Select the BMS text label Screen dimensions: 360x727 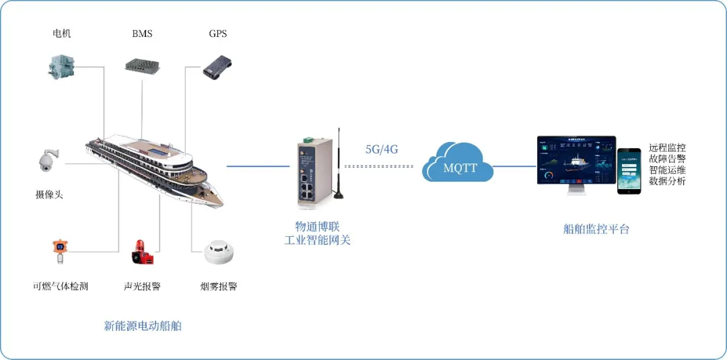[x=141, y=34]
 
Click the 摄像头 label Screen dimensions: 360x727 [x=54, y=195]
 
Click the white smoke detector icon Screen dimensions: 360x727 [x=218, y=254]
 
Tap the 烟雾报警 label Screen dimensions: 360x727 [x=219, y=286]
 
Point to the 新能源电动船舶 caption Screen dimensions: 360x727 [x=143, y=326]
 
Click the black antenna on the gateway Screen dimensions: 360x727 [x=340, y=165]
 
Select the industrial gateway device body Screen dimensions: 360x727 [x=312, y=172]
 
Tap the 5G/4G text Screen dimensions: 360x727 [x=382, y=149]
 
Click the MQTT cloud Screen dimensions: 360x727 [x=458, y=163]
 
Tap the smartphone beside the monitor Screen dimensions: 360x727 [x=629, y=171]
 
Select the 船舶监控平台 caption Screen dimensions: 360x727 [x=596, y=229]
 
